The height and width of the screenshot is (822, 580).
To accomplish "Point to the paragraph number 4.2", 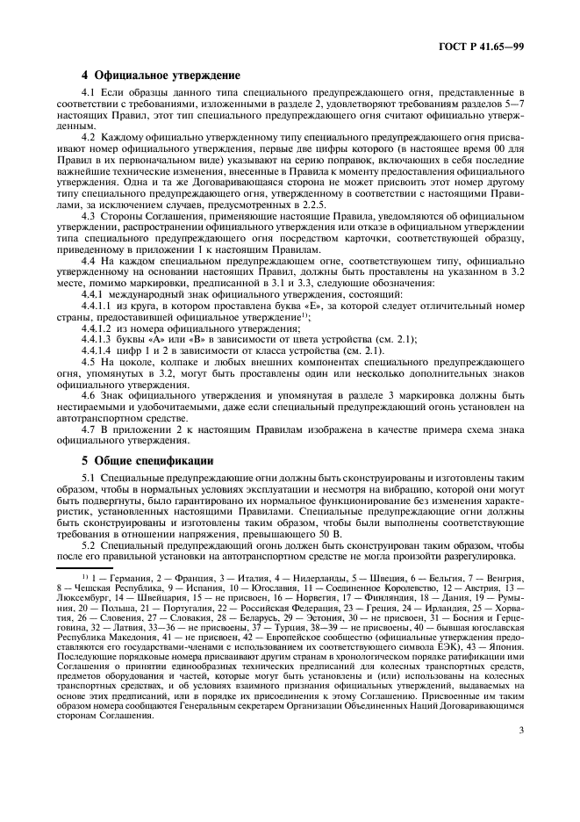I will pos(89,138).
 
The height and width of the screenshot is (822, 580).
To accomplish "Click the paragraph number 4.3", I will pos(89,215).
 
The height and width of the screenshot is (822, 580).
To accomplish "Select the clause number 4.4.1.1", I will pos(97,306).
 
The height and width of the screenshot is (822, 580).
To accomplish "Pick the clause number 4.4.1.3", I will pos(97,339).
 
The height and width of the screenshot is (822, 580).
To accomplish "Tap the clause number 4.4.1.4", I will pos(97,350).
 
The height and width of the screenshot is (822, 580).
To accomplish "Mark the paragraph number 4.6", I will pos(89,393).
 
